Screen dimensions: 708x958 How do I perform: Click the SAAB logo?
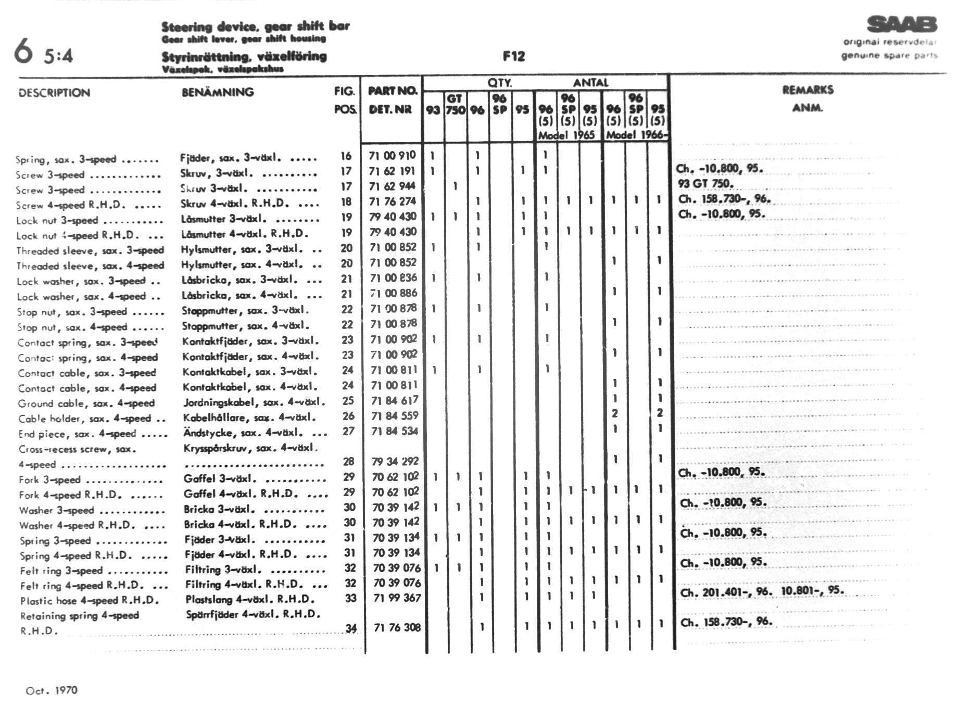pos(902,24)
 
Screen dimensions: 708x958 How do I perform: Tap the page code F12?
pos(513,56)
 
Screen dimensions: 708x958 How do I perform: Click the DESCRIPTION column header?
pos(54,93)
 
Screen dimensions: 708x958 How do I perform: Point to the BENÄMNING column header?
pos(218,92)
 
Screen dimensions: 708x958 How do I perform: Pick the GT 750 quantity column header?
pos(455,104)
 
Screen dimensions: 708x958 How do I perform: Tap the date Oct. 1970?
pos(52,690)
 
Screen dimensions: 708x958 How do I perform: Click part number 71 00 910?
pos(393,155)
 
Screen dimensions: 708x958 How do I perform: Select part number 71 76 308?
pos(397,627)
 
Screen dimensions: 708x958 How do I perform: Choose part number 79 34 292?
pos(395,461)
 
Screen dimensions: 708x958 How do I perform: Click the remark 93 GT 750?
pos(705,183)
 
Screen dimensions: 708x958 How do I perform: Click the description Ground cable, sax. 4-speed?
pos(86,403)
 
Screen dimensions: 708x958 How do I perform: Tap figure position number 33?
pos(350,598)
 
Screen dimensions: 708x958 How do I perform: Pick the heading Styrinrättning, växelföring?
pos(244,56)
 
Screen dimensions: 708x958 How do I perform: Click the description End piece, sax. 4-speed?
pos(77,434)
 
